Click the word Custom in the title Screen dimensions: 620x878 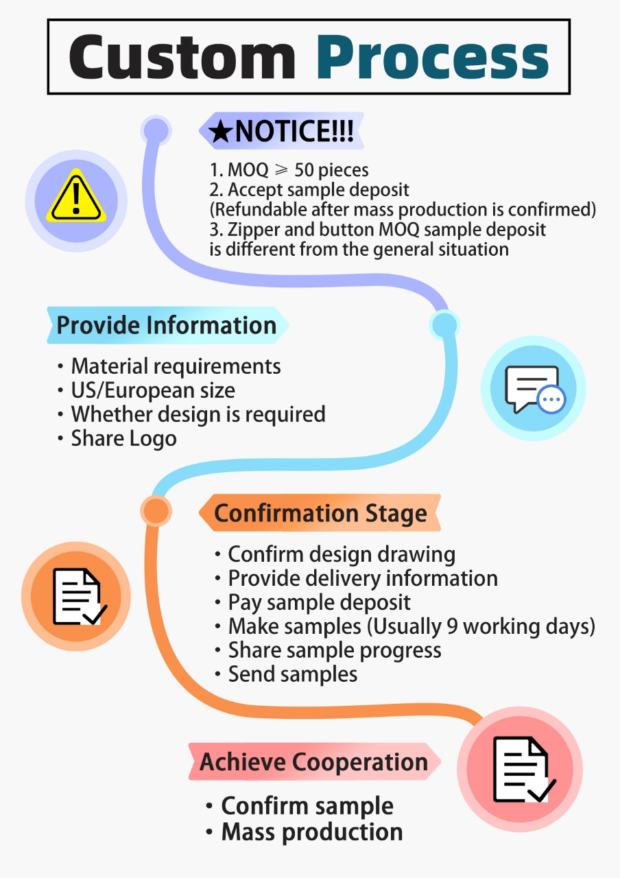click(x=182, y=57)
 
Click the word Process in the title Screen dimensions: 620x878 click(x=433, y=57)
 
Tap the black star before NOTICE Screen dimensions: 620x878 click(x=221, y=131)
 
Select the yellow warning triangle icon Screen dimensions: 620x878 click(x=76, y=195)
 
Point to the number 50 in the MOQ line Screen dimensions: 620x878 click(x=304, y=170)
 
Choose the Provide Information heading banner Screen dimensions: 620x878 click(x=168, y=325)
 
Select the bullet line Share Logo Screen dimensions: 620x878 click(x=117, y=438)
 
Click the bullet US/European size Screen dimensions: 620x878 click(x=147, y=390)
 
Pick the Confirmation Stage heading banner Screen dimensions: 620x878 click(x=320, y=513)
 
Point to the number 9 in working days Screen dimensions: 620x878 click(x=452, y=626)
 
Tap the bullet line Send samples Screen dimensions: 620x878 click(x=286, y=674)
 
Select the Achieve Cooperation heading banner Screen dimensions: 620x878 click(x=314, y=761)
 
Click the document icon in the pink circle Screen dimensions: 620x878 click(x=523, y=769)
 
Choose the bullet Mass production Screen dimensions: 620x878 click(x=305, y=832)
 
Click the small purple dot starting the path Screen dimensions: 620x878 click(x=156, y=130)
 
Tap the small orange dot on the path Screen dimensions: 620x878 click(x=156, y=511)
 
